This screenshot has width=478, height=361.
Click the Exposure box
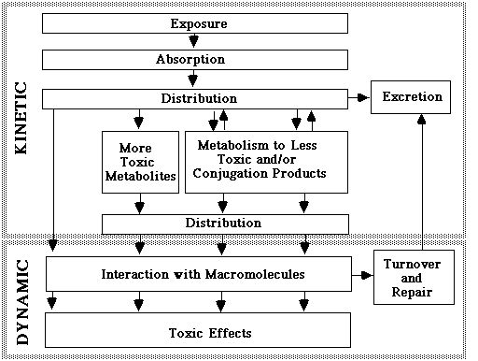tap(196, 22)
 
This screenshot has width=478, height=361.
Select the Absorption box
tap(196, 60)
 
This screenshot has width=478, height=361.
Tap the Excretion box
tap(412, 97)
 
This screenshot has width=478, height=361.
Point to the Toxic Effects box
tap(196, 332)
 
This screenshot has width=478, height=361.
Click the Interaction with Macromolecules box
tap(196, 275)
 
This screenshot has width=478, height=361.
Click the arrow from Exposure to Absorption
tap(196, 41)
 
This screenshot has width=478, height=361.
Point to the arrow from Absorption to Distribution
tap(196, 79)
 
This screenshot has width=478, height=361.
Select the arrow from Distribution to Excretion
tap(358, 97)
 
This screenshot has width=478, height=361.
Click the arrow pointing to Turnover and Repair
tap(363, 275)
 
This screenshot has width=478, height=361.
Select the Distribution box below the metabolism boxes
tap(224, 223)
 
